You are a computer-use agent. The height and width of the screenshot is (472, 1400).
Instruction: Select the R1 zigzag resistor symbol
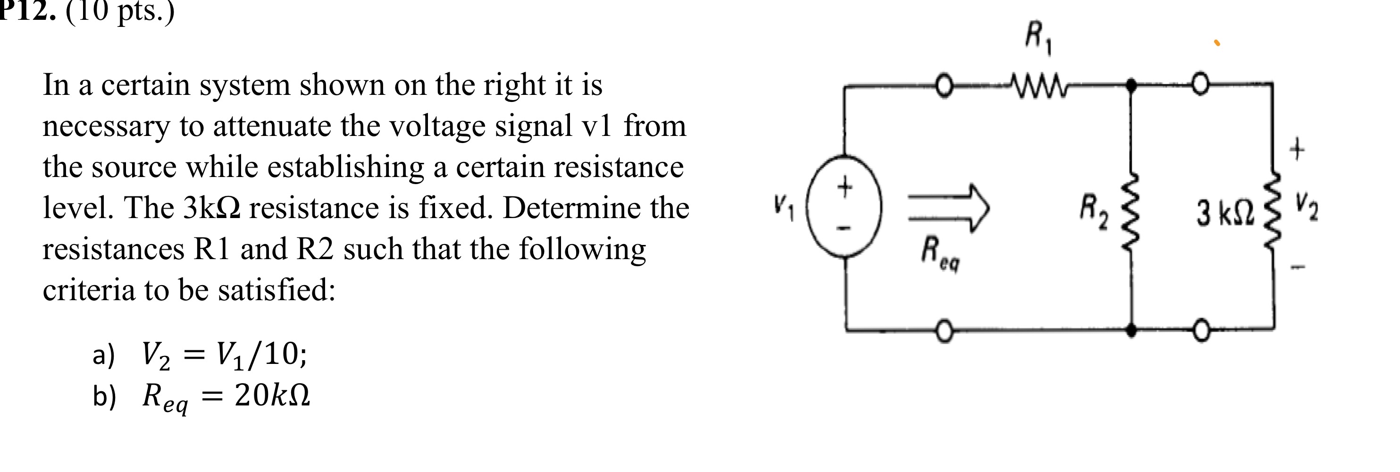(1038, 85)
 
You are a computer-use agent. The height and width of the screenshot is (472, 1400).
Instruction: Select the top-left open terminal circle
(946, 86)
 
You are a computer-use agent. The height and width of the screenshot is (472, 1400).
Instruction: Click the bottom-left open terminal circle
(946, 329)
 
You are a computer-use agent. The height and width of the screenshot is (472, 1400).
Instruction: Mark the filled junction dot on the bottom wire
(1132, 329)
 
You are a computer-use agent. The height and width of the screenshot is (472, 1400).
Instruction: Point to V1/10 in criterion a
(261, 355)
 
